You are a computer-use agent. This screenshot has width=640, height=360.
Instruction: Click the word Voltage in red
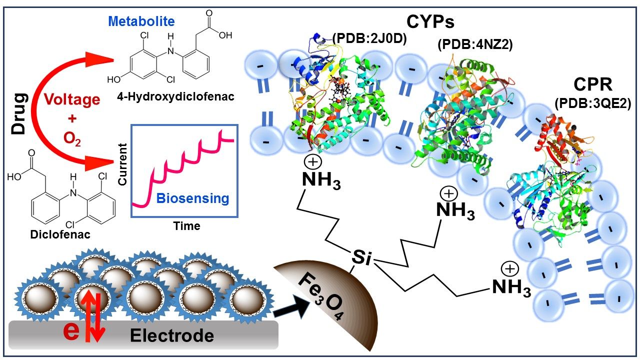71,100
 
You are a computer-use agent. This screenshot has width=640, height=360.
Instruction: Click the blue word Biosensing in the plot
192,198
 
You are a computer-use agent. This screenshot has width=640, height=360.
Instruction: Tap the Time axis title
186,226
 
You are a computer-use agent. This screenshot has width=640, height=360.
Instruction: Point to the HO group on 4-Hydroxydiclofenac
113,79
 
